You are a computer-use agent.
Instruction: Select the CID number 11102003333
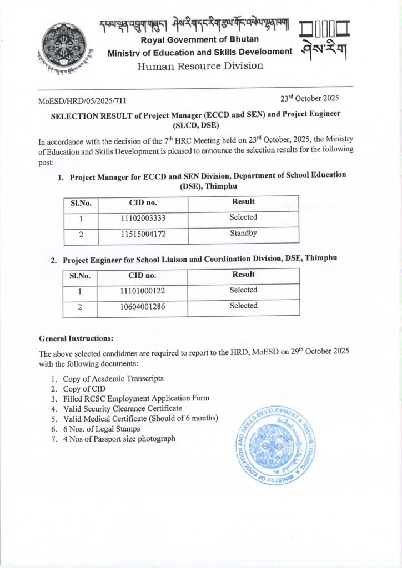tap(143, 219)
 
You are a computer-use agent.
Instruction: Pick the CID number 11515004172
tap(143, 235)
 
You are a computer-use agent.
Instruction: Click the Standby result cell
tap(243, 234)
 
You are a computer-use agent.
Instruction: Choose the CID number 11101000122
tap(143, 291)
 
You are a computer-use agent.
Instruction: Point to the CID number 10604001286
tap(143, 307)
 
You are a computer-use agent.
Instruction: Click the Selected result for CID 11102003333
tap(243, 217)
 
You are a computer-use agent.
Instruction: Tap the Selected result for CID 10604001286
tap(243, 306)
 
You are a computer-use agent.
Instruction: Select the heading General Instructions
tap(76, 338)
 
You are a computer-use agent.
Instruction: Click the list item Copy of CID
tap(83, 388)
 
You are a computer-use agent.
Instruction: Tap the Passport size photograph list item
tap(119, 439)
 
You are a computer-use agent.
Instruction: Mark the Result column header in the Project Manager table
tap(243, 202)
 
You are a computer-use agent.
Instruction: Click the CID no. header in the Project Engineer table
tap(142, 275)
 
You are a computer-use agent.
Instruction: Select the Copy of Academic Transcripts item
tap(113, 378)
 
